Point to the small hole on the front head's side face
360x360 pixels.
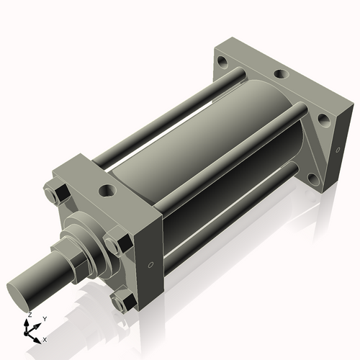[x=150, y=266]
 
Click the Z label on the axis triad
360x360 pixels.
[x=29, y=315]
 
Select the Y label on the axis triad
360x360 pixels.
[x=45, y=318]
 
